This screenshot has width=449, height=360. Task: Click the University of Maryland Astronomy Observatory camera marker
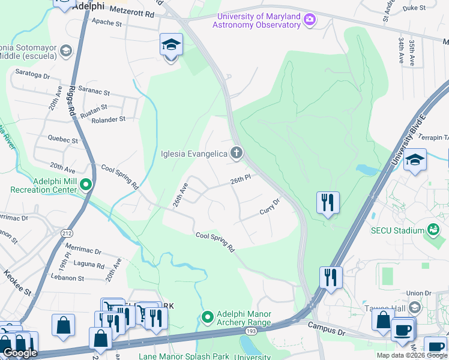(310, 20)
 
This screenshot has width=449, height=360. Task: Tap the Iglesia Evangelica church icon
(237, 154)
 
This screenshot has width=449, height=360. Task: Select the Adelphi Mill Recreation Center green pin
(86, 185)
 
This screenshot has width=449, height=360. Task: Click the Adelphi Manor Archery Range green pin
(208, 317)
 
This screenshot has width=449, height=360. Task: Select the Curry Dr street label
(270, 207)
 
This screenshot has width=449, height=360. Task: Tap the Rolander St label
(108, 119)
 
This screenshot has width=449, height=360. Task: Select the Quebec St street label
(63, 140)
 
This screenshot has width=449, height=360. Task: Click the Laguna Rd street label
(88, 263)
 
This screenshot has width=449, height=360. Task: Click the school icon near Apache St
(171, 45)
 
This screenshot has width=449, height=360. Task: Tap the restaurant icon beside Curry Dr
(328, 202)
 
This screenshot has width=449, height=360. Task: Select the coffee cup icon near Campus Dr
(402, 329)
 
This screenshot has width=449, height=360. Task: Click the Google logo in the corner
(20, 353)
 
